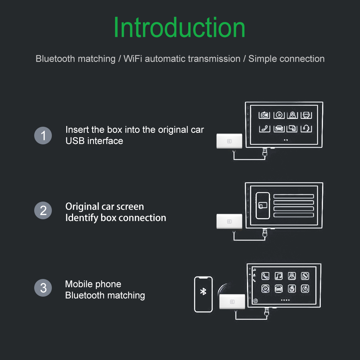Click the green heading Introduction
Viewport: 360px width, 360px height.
point(179,27)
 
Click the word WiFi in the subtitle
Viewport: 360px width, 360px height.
point(133,59)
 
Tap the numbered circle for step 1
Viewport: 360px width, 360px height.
point(43,135)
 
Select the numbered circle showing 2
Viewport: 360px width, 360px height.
point(43,210)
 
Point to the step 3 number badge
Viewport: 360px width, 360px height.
point(43,288)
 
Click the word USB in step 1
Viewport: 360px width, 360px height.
point(75,141)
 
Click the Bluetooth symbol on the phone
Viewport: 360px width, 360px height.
point(203,291)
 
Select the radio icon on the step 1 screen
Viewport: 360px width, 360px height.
point(264,115)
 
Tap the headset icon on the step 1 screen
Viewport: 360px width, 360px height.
point(306,129)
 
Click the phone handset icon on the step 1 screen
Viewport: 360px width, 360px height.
point(265,129)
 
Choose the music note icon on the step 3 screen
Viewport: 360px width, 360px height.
point(279,276)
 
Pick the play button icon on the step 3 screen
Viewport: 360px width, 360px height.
point(265,289)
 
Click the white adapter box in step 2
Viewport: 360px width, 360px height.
point(229,221)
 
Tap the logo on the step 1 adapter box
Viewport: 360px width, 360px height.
point(229,141)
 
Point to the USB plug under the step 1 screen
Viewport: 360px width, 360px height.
point(265,153)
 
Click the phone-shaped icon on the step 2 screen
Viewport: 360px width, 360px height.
point(263,206)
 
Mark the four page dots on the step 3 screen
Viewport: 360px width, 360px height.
point(285,300)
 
